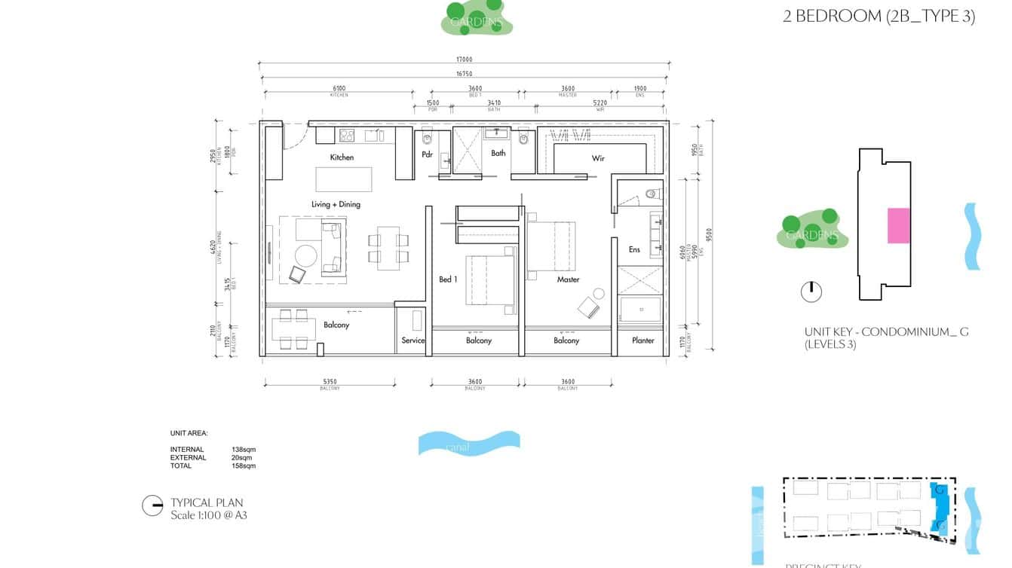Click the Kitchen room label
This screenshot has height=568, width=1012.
342,157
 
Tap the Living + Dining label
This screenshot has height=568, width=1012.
336,204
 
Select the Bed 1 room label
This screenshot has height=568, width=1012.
448,279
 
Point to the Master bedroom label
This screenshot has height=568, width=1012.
568,279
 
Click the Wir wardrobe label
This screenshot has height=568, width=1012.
598,159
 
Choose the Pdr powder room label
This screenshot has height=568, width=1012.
427,155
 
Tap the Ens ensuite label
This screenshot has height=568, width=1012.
634,249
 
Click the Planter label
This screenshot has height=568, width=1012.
642,340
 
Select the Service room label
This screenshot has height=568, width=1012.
412,340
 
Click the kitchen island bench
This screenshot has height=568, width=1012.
342,180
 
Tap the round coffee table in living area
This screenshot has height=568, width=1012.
306,255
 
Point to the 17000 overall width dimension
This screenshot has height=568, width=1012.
464,60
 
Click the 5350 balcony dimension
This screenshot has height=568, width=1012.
330,382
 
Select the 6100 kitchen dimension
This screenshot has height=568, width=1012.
339,89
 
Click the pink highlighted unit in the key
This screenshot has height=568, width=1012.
898,225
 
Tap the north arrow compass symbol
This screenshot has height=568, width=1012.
811,292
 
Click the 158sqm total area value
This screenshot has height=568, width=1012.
243,466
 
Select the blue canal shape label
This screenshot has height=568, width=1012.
458,447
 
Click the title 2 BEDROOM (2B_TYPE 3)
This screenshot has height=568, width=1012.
879,17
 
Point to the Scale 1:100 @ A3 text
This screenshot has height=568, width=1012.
209,515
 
